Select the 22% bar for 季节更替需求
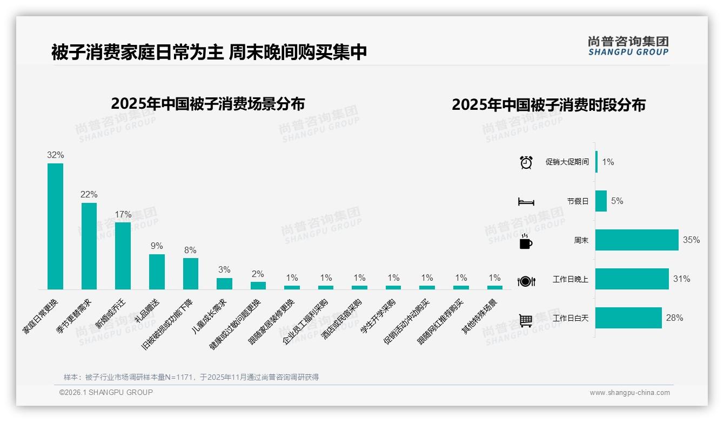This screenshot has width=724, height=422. point(89,246)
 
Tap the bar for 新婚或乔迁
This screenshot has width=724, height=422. point(123,255)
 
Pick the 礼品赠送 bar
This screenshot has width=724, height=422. point(157,272)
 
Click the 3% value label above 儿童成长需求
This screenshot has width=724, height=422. point(224,269)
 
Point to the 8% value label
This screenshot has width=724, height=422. point(190,250)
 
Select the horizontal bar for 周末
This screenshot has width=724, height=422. point(636,240)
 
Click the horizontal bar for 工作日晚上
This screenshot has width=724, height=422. point(632,279)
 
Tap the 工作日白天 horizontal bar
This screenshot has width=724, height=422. point(628,318)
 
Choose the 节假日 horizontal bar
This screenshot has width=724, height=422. point(601,201)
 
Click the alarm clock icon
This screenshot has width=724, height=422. point(526,162)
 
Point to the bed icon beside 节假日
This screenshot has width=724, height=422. point(526,201)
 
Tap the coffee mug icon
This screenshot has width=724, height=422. point(526,241)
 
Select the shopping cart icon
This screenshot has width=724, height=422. point(526,320)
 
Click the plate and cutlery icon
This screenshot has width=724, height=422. point(526,280)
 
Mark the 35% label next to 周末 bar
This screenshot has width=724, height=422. point(691,240)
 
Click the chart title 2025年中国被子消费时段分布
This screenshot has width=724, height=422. point(548,105)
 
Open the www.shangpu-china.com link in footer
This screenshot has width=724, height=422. point(629,393)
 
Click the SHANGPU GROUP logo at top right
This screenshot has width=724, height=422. point(628,45)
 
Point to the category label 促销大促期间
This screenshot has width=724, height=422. point(567,162)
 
